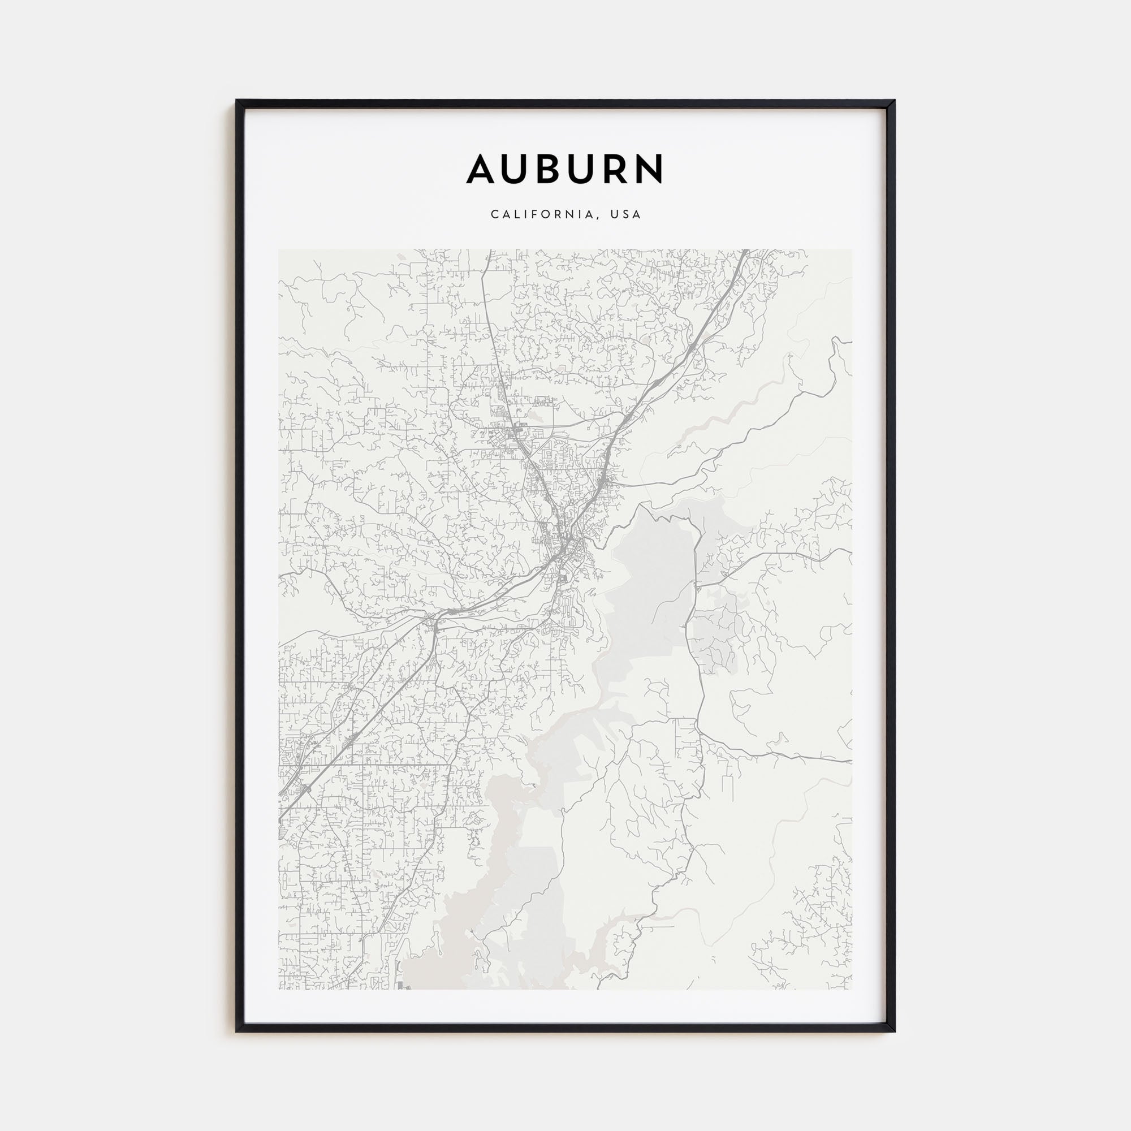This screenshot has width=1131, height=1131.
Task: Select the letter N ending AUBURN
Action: [647, 169]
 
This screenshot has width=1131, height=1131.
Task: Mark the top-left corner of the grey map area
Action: [279, 250]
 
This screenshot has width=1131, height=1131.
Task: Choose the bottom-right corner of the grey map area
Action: [852, 989]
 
